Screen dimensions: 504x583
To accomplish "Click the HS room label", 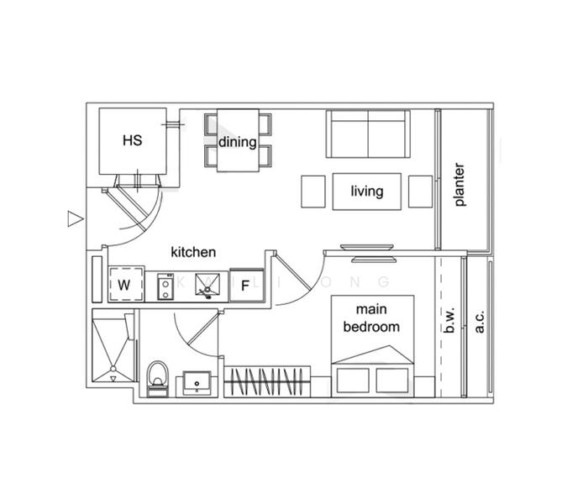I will [132, 141].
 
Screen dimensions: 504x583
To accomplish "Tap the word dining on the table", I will [238, 141].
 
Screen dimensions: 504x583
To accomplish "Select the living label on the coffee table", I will [366, 192].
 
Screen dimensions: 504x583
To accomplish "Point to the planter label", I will [460, 185].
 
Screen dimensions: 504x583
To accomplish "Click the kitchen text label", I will [193, 252].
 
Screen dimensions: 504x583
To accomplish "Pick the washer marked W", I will [124, 285].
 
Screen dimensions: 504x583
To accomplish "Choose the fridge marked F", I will [245, 286].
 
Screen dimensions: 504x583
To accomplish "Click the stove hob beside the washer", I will [165, 285].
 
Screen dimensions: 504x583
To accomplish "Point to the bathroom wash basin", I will [198, 381].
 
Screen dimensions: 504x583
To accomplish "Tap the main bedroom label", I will [371, 318].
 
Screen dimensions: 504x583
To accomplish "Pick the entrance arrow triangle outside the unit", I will [74, 219].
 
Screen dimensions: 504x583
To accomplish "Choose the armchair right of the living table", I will [419, 192].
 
